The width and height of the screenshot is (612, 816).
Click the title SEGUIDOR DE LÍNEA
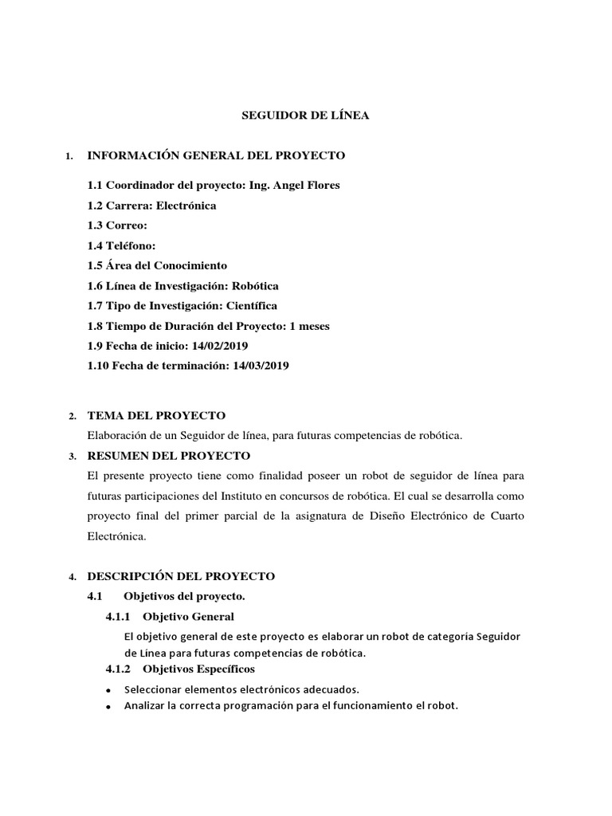(305, 116)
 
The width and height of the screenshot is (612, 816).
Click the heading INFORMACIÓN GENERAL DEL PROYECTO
(216, 155)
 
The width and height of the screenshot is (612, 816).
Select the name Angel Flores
(306, 185)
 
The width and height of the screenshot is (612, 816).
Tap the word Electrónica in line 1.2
(186, 206)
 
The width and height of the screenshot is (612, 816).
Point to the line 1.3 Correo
(117, 226)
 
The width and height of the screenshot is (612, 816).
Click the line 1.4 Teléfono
(121, 245)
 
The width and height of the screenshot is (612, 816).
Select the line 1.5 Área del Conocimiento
(157, 265)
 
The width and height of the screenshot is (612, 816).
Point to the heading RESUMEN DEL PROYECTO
(168, 456)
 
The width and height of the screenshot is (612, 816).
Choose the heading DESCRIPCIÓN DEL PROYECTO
(181, 576)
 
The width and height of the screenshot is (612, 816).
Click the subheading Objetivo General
(194, 617)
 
